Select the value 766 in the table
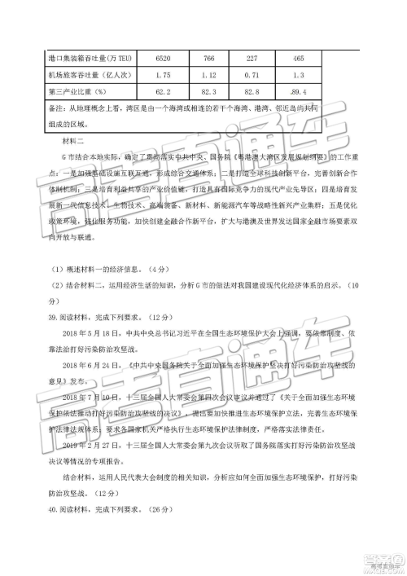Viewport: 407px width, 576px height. pos(209,59)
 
